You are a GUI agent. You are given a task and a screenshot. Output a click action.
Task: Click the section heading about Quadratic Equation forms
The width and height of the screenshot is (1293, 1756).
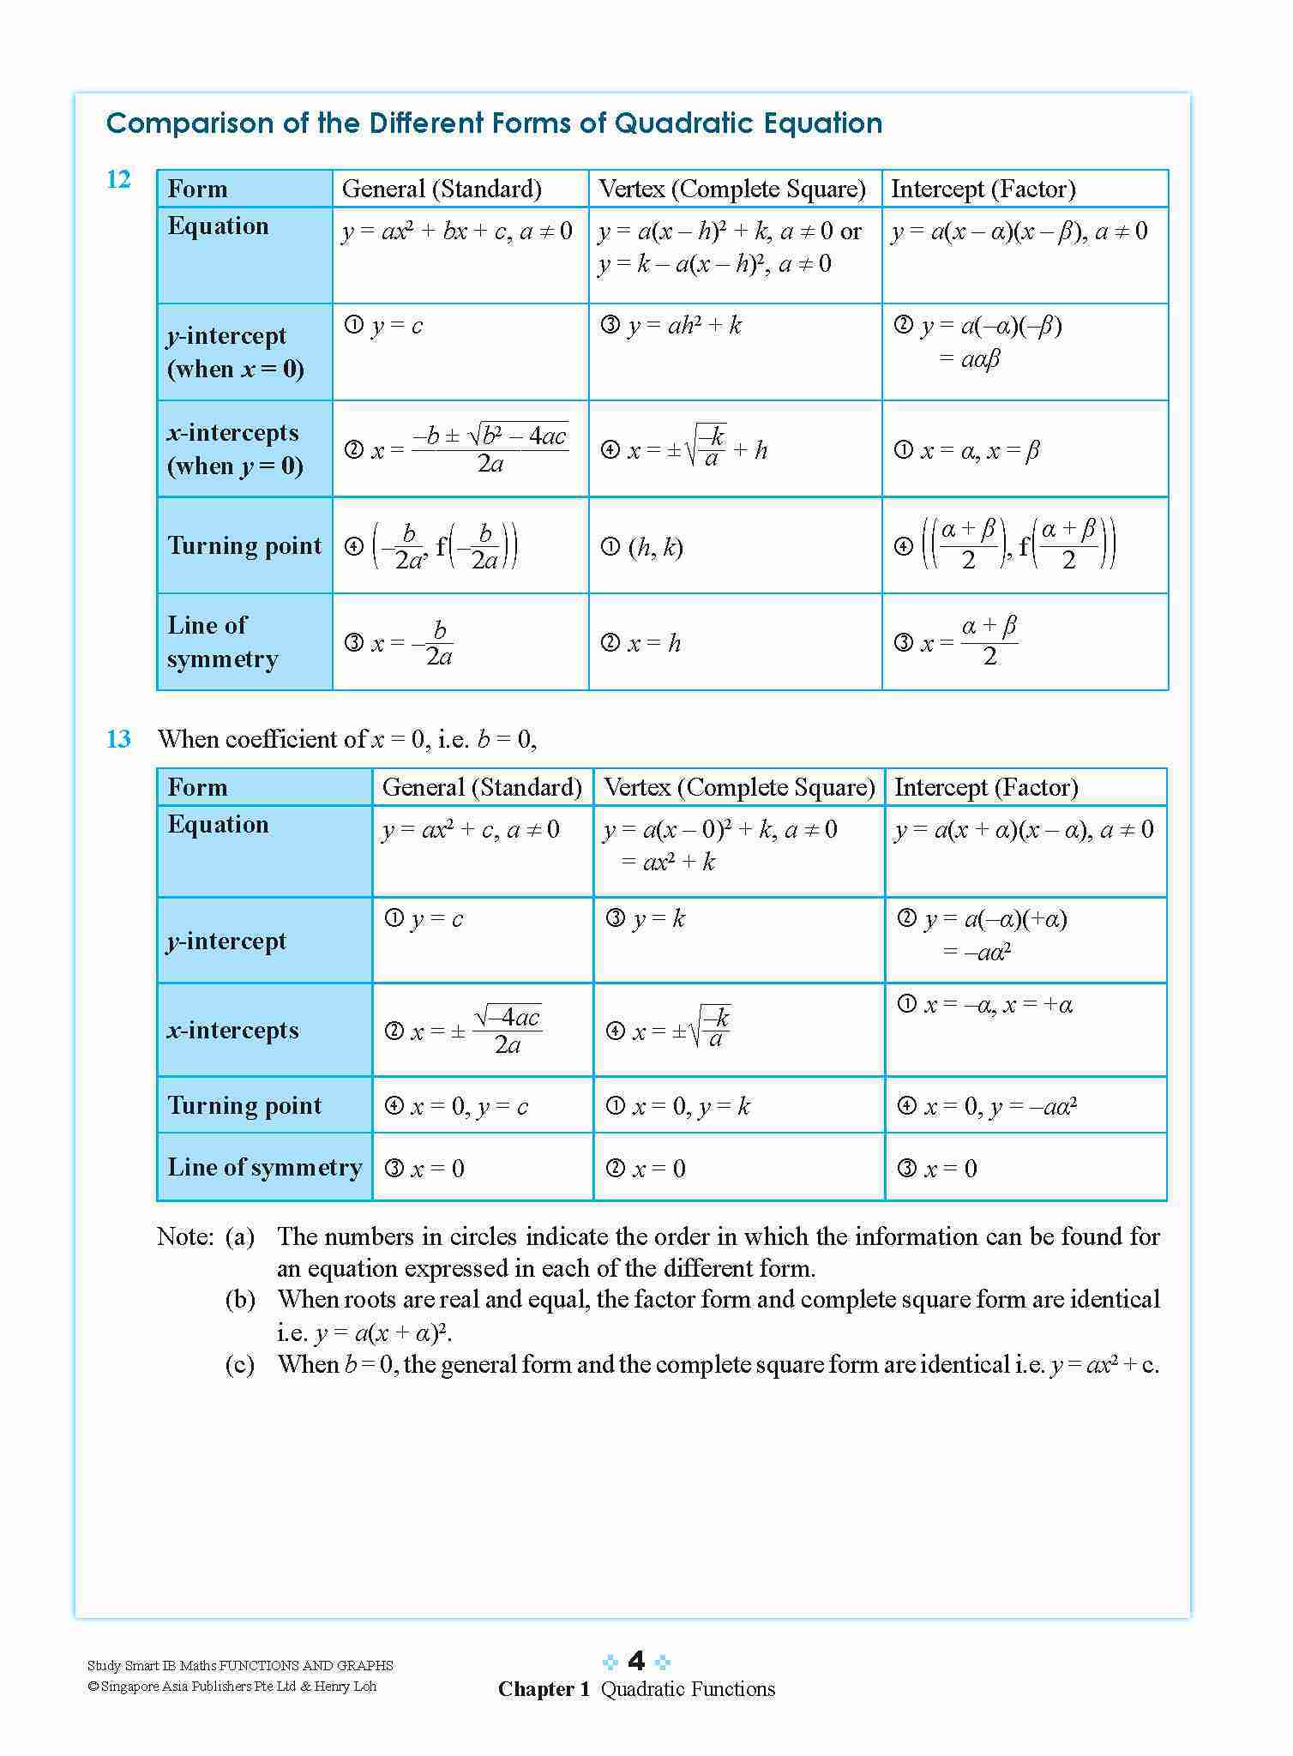[494, 123]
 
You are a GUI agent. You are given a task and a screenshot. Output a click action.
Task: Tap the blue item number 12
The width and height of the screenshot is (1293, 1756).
[118, 180]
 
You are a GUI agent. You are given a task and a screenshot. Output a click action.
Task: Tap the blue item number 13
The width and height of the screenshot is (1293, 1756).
[118, 739]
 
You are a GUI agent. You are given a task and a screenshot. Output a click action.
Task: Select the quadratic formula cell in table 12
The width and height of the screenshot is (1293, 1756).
[460, 449]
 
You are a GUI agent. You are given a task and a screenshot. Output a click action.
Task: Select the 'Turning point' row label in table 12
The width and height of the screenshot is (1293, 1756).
[244, 546]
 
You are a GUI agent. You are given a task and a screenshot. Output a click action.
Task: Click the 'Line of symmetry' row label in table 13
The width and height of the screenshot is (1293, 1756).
[264, 1168]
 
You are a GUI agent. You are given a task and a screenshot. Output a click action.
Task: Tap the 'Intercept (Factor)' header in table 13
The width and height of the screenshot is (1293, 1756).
[986, 787]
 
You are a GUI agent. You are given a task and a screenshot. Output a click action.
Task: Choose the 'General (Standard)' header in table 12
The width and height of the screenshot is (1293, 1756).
[442, 189]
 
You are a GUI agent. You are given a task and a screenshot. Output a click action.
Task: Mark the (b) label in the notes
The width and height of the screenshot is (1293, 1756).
[240, 1300]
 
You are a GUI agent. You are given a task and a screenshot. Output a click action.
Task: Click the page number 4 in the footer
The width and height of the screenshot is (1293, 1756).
[636, 1662]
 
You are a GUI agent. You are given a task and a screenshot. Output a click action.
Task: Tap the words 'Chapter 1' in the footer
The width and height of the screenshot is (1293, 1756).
[544, 1689]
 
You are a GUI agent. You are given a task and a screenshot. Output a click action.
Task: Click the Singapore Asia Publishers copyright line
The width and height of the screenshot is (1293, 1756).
[232, 1687]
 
